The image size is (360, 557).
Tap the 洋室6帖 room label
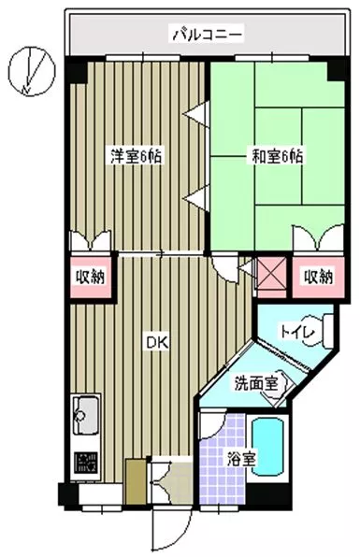(x=136, y=156)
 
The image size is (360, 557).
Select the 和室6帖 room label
(x=277, y=156)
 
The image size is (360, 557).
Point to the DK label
(x=157, y=342)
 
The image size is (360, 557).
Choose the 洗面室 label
(x=255, y=384)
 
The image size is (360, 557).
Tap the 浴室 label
(x=241, y=460)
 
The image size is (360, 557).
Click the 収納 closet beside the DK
(x=92, y=277)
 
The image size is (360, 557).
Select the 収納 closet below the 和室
(x=319, y=277)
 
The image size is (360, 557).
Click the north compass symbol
(x=32, y=71)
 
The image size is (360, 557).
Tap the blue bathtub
(x=268, y=447)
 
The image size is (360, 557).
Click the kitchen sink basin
(x=85, y=415)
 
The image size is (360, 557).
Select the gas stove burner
(x=85, y=462)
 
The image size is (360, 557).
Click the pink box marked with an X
(x=271, y=273)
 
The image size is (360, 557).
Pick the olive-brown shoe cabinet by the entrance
(x=137, y=481)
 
